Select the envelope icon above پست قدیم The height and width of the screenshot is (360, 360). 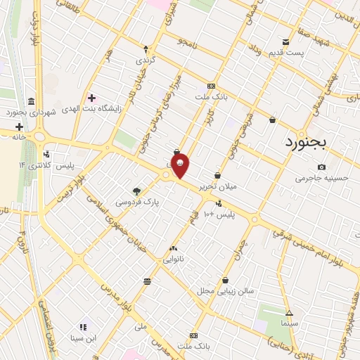coord(285,41)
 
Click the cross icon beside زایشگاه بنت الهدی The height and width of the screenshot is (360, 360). coord(91,97)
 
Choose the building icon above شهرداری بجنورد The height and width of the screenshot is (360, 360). coord(32,101)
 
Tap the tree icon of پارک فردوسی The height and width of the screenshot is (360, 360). coord(137,191)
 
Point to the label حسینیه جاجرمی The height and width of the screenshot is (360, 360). coord(321,179)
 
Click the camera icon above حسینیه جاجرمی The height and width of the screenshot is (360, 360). coord(321,167)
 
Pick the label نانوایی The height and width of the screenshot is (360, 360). coord(174,259)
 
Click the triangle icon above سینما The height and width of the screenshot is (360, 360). coord(289,313)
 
